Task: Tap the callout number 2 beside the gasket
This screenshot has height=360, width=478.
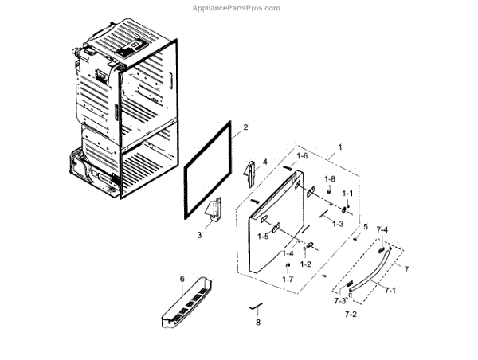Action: pyautogui.click(x=245, y=127)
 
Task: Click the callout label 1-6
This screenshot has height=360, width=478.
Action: pyautogui.click(x=302, y=156)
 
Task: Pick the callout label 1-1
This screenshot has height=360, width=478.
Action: pyautogui.click(x=347, y=194)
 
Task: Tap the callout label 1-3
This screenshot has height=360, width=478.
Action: pyautogui.click(x=338, y=224)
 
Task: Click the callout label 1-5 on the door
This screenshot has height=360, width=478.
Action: pyautogui.click(x=262, y=236)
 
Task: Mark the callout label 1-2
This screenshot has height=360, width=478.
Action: pyautogui.click(x=304, y=264)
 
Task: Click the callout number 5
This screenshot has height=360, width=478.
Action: pyautogui.click(x=366, y=227)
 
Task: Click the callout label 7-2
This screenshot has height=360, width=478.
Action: pyautogui.click(x=351, y=315)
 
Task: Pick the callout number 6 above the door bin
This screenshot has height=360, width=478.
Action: pyautogui.click(x=182, y=278)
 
